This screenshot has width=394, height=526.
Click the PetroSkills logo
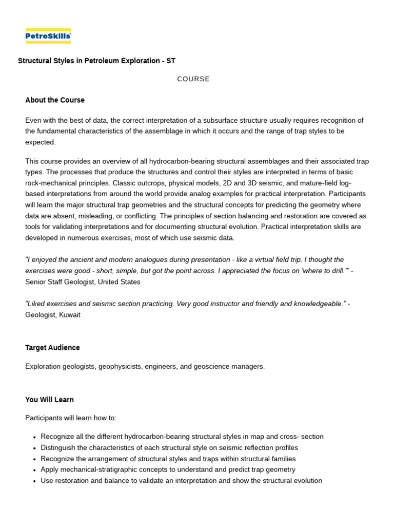[x=48, y=36]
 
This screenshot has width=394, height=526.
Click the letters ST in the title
[x=171, y=61]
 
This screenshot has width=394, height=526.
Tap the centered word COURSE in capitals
[x=193, y=79]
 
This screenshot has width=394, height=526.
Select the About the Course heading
[x=55, y=100]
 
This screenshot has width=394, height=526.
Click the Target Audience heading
[x=52, y=348]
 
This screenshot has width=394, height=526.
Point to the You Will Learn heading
[x=49, y=400]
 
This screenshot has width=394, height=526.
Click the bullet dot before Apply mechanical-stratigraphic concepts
[x=34, y=470]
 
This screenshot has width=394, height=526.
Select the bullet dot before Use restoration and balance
[x=34, y=481]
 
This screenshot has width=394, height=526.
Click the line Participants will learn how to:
[x=71, y=418]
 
